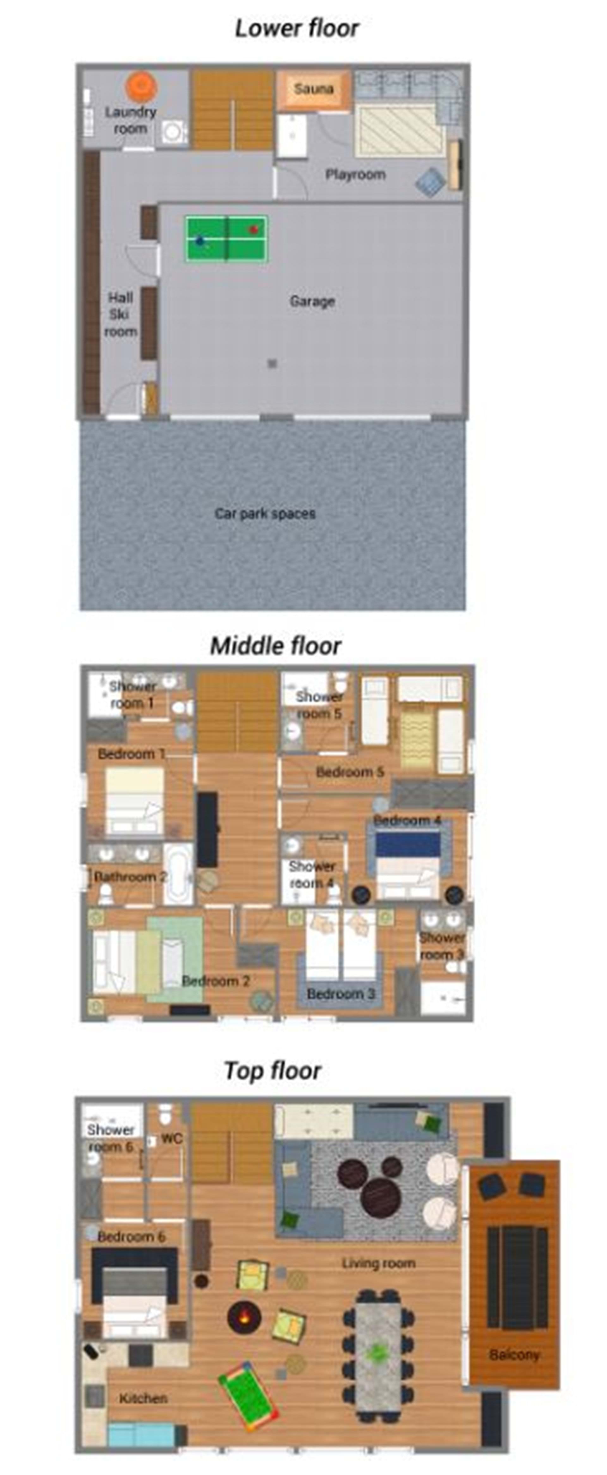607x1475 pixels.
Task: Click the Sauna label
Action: coord(314,89)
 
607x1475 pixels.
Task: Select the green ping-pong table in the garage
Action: coord(226,238)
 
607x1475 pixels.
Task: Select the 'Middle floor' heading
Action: coord(275,646)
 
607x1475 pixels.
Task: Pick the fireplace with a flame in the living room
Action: coord(244,1317)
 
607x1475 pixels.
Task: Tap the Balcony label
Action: coord(514,1355)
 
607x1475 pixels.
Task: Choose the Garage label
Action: coord(312,301)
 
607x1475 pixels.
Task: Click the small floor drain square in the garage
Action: coord(273,363)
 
